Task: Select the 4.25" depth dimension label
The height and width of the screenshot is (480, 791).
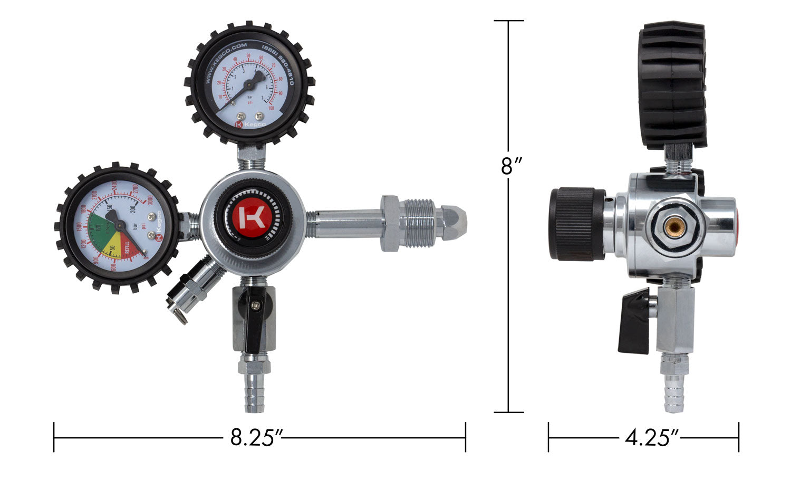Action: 651,437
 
